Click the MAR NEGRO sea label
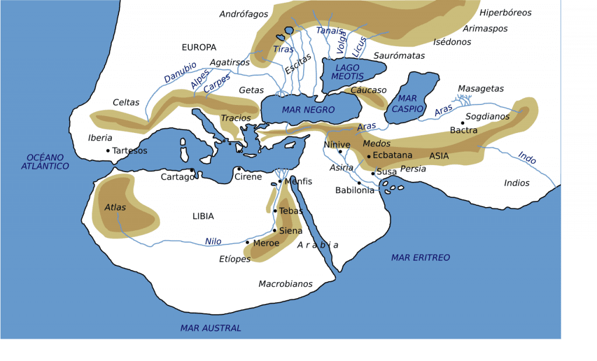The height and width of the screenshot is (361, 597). pos(308,110)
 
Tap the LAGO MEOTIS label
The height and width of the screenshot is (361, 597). pos(347,72)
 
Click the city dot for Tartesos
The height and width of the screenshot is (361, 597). pos(108,150)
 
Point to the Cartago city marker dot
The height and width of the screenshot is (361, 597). pos(192,170)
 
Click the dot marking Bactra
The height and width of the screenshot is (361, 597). pos(462,123)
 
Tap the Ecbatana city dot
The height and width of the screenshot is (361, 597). pos(368,156)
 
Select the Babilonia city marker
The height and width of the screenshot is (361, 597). pos(359,183)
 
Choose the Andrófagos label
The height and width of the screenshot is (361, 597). pos(243,14)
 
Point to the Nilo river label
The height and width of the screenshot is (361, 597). pos(213,241)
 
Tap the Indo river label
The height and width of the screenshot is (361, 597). pos(526,157)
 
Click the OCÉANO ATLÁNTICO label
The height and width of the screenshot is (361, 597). pos(45,162)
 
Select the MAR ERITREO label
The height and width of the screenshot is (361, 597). pos(420,257)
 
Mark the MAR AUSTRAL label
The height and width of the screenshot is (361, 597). pos(210,328)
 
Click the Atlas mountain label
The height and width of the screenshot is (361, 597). pos(115,207)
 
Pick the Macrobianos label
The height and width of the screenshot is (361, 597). pos(286,284)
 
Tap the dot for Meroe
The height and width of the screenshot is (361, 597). pos(248,243)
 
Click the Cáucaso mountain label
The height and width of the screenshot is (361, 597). pos(368,90)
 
